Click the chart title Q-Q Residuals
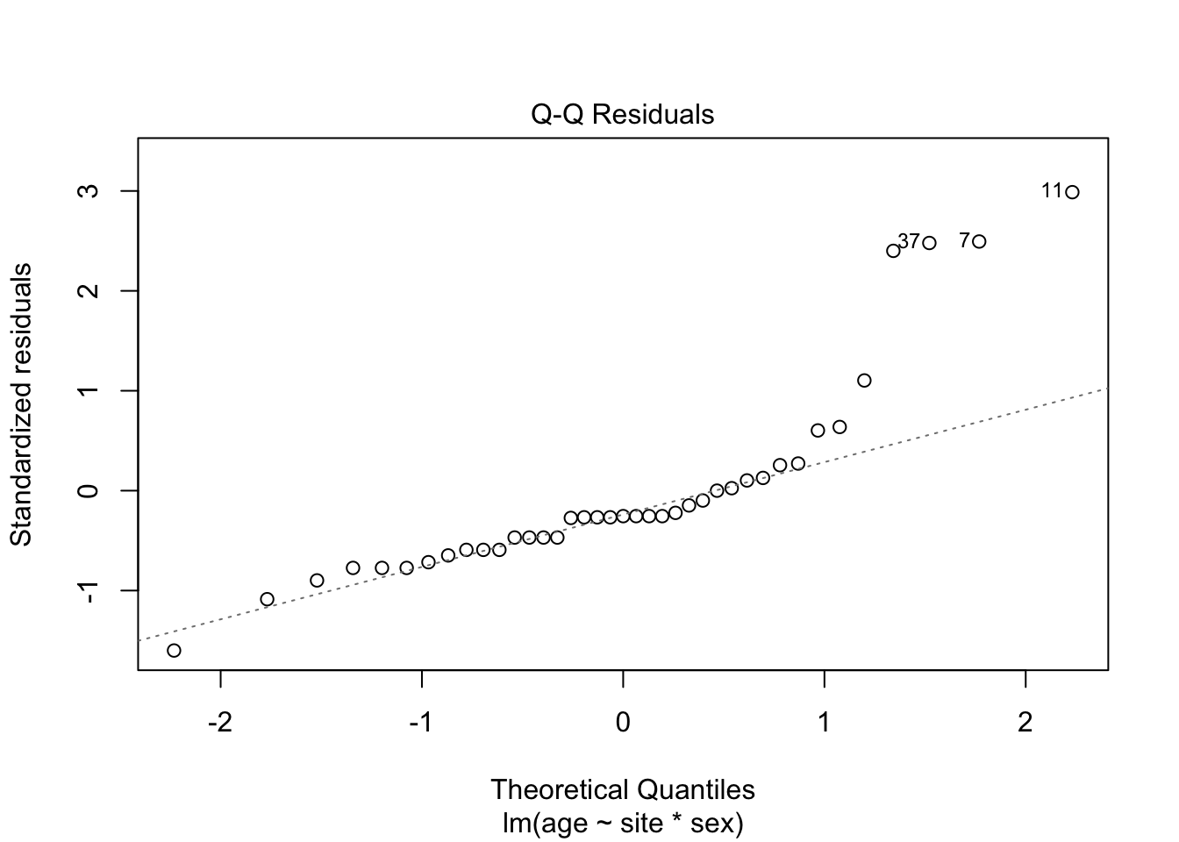pyautogui.click(x=623, y=115)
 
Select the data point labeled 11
pyautogui.click(x=1072, y=192)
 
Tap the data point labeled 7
pyautogui.click(x=979, y=241)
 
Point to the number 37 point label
pyautogui.click(x=909, y=241)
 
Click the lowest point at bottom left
pyautogui.click(x=174, y=650)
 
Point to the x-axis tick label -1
pyautogui.click(x=421, y=724)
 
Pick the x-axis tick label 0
pyautogui.click(x=623, y=724)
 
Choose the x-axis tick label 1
pyautogui.click(x=825, y=724)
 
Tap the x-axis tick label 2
pyautogui.click(x=1025, y=724)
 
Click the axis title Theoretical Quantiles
pyautogui.click(x=623, y=789)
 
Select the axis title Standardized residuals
pyautogui.click(x=21, y=403)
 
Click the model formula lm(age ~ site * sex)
pyautogui.click(x=623, y=824)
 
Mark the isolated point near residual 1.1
pyautogui.click(x=864, y=380)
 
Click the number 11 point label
pyautogui.click(x=1052, y=190)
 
